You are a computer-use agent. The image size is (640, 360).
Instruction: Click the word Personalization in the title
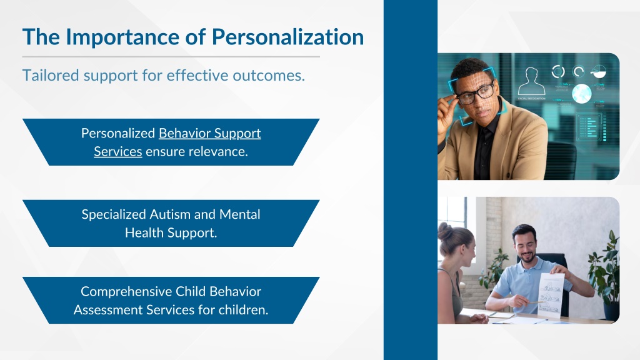287,37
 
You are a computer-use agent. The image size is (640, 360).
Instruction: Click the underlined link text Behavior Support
210,134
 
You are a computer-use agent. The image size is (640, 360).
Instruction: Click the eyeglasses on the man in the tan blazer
476,94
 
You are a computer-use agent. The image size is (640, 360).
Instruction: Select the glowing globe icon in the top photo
582,94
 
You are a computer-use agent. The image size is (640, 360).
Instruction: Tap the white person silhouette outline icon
531,81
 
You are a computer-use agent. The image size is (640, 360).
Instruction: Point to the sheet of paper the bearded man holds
551,296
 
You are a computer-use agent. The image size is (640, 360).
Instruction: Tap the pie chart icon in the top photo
598,71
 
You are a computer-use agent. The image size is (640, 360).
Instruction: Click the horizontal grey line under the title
171,57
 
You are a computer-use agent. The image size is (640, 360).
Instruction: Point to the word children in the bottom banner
243,310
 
